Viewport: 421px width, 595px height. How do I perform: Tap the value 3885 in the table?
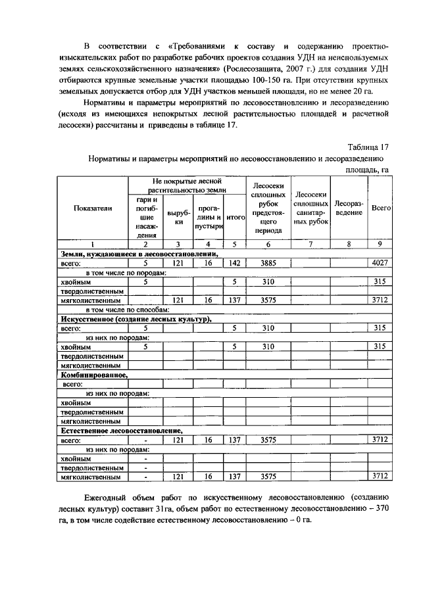[267, 263]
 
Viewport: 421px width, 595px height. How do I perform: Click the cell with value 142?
[234, 263]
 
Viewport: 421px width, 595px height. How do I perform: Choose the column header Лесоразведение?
[349, 208]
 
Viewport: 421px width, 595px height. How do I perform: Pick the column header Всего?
[381, 208]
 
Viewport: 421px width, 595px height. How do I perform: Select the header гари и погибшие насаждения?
[147, 216]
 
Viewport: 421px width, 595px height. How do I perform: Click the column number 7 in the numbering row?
[310, 245]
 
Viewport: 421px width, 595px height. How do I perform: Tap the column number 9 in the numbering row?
[380, 245]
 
